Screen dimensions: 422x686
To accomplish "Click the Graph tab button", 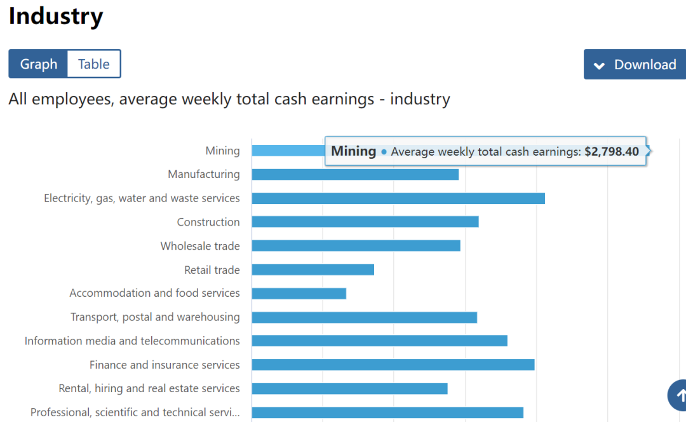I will point(38,64).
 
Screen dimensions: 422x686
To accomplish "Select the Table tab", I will point(94,64).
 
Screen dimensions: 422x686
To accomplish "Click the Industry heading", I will point(56,17).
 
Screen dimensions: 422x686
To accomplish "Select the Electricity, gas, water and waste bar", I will point(398,198).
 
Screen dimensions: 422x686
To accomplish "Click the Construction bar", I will point(365,222).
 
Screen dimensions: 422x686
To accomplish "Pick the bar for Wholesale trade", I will point(356,246).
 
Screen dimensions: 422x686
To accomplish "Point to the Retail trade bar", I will point(313,269).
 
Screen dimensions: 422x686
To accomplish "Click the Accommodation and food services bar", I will point(299,293).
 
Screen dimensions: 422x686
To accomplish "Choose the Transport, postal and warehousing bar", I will point(364,317).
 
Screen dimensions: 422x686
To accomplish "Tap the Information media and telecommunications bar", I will point(379,341).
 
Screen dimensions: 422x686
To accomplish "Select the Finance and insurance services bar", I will point(393,365).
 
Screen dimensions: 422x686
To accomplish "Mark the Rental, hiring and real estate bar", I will point(349,388).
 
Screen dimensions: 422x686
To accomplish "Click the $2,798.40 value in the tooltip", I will point(612,152).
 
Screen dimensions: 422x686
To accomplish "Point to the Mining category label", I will point(222,151).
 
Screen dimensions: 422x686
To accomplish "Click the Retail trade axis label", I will point(212,270).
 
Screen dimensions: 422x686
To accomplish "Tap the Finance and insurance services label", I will point(165,365).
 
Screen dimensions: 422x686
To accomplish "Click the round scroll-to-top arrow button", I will point(678,395).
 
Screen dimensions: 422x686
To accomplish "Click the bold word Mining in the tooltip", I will point(354,151).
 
